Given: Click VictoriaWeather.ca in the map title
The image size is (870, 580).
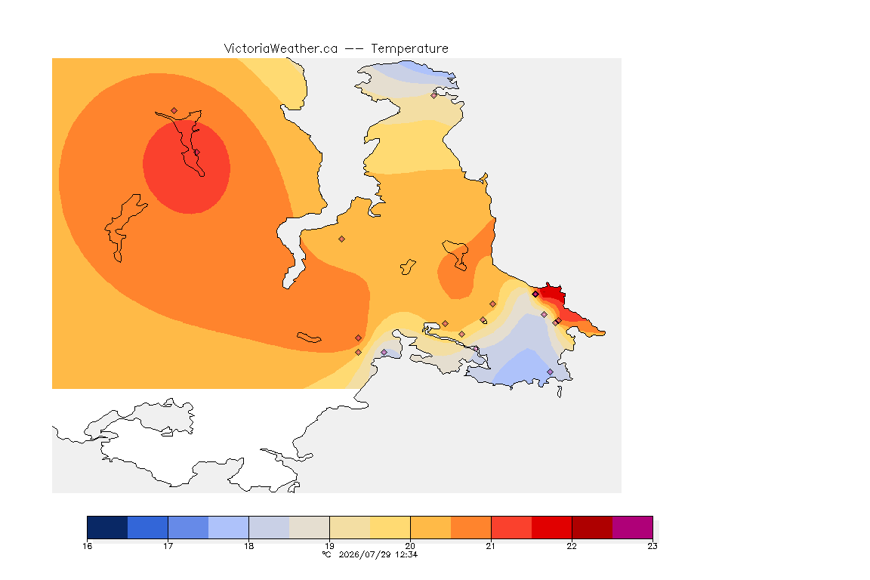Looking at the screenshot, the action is point(281,49).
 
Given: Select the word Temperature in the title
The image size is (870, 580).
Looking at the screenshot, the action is point(409,49).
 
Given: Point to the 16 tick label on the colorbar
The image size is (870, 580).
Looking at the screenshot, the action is point(87,546).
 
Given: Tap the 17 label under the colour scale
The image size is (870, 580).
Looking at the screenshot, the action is point(168,546).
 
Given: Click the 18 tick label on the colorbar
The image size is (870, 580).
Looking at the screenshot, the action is point(248,546).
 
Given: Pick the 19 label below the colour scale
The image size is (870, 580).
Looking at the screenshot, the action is point(329,546).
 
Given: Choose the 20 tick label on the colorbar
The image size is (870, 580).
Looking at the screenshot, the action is point(410,546).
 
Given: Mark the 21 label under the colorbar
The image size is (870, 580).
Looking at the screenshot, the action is point(491,546).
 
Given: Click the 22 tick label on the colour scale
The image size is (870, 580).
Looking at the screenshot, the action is point(572,546).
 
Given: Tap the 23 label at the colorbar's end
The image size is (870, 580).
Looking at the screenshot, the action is point(652,546).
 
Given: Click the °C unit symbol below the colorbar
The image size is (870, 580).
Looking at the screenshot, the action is point(327,554).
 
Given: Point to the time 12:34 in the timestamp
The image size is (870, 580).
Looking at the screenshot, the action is point(406,554).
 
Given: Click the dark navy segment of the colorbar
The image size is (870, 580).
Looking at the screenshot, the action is point(108,527).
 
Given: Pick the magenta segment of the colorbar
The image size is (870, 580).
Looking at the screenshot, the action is point(633,527).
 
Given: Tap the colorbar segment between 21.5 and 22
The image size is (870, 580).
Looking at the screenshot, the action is point(551,527).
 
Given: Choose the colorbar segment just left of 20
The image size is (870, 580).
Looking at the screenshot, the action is point(390,527).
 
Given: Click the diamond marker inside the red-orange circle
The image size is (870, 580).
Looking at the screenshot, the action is point(196,153).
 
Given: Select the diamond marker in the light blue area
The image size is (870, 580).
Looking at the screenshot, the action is point(550,372).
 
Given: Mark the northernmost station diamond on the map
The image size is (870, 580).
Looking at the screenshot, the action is point(434,95).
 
